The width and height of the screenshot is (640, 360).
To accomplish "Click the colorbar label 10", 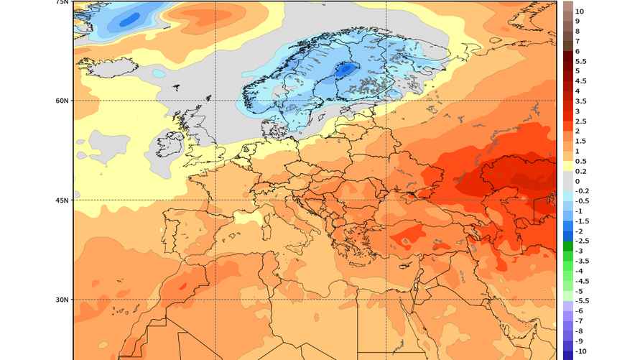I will (x=580, y=11).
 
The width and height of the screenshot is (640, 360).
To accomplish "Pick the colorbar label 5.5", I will (x=581, y=61).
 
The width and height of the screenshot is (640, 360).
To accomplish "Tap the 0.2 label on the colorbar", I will (x=581, y=171).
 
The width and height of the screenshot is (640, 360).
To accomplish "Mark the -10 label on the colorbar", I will (x=581, y=351).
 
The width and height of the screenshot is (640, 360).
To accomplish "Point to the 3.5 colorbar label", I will (x=581, y=101).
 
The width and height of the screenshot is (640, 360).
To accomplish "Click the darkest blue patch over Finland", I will (x=348, y=70).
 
